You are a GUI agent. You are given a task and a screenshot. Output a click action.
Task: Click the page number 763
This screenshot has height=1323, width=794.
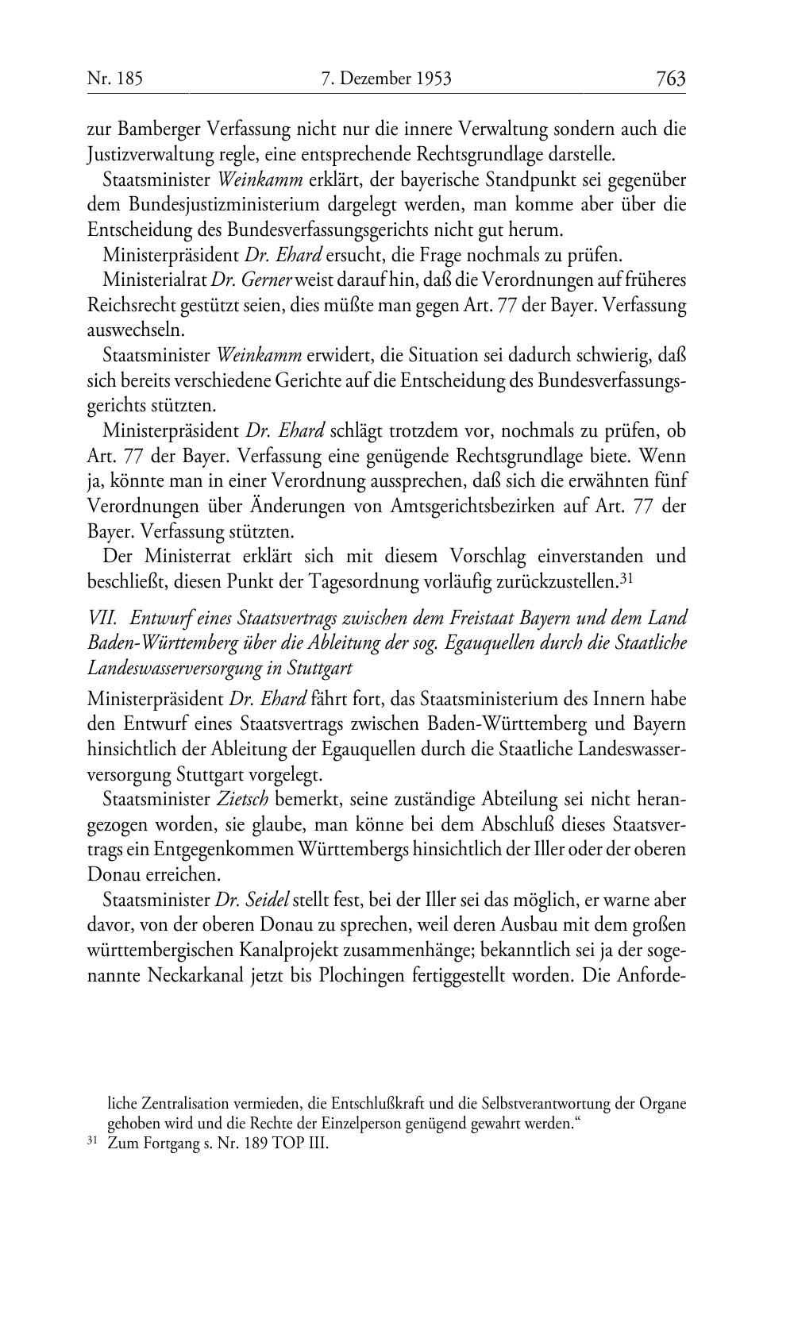click(x=670, y=79)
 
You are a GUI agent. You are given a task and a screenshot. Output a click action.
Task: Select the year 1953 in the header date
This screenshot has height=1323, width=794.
click(x=433, y=79)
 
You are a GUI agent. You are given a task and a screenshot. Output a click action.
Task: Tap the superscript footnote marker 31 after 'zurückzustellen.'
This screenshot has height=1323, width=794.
click(x=625, y=579)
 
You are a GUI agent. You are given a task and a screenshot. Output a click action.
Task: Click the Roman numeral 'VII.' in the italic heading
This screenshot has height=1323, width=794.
click(x=102, y=617)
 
